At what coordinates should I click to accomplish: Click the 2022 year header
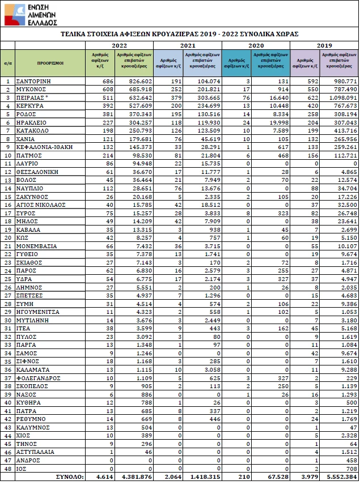click(x=119, y=45)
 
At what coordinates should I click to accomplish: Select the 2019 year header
click(x=324, y=45)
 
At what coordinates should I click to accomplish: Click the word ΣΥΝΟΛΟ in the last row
click(x=70, y=477)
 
